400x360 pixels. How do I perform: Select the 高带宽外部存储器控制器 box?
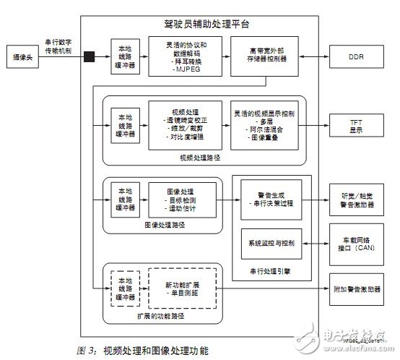click(x=259, y=55)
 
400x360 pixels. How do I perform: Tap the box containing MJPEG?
click(x=183, y=55)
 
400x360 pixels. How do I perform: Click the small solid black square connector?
click(x=91, y=56)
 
